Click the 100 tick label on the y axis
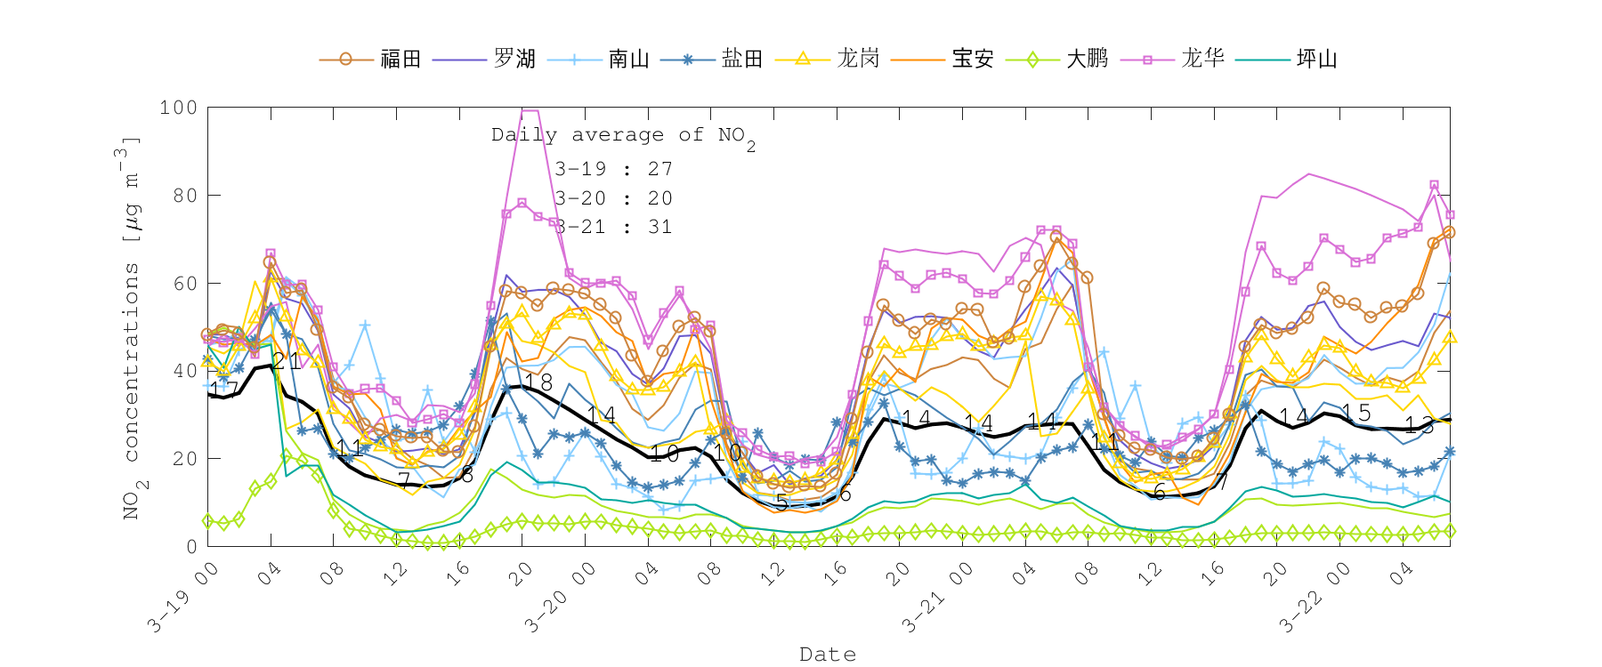click(178, 108)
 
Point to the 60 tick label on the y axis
click(184, 284)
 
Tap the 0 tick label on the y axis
click(191, 546)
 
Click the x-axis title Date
click(828, 655)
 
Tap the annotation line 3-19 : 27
click(613, 169)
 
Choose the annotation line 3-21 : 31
click(613, 227)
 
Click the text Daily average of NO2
click(623, 136)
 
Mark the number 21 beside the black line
click(287, 361)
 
